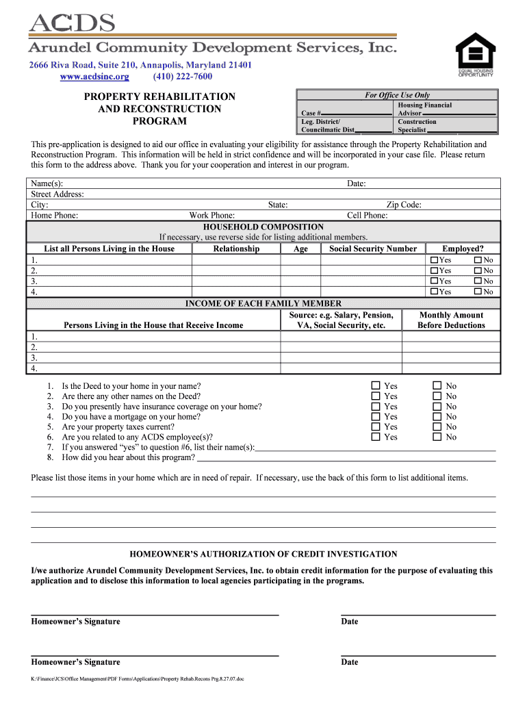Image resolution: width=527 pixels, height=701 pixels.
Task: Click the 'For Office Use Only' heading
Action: pos(397,95)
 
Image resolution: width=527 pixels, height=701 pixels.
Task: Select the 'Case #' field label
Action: pos(311,113)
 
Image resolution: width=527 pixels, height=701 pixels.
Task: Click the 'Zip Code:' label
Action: pos(404,205)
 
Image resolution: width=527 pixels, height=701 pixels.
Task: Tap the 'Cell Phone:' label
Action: pos(367,215)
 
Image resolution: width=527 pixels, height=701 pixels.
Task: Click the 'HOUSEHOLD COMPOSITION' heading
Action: pos(263,227)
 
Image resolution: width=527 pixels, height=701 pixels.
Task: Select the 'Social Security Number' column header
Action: pos(372,248)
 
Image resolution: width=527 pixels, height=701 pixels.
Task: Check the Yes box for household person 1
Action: pos(434,260)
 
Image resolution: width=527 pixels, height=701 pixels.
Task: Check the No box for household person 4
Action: pos(478,292)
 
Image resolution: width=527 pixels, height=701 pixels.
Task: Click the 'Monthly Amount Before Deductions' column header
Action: pos(451,320)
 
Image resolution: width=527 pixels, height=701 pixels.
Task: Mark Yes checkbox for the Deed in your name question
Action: pos(375,386)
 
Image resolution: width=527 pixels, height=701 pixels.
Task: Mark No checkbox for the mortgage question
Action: pos(437,416)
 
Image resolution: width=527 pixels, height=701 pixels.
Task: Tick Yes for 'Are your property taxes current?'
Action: pos(375,426)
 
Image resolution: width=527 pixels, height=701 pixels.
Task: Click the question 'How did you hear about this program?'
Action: pos(129,457)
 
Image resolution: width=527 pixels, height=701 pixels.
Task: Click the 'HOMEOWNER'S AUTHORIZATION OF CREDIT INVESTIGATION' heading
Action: pos(263,554)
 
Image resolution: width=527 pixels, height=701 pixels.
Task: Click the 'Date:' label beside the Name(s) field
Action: pos(356,183)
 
